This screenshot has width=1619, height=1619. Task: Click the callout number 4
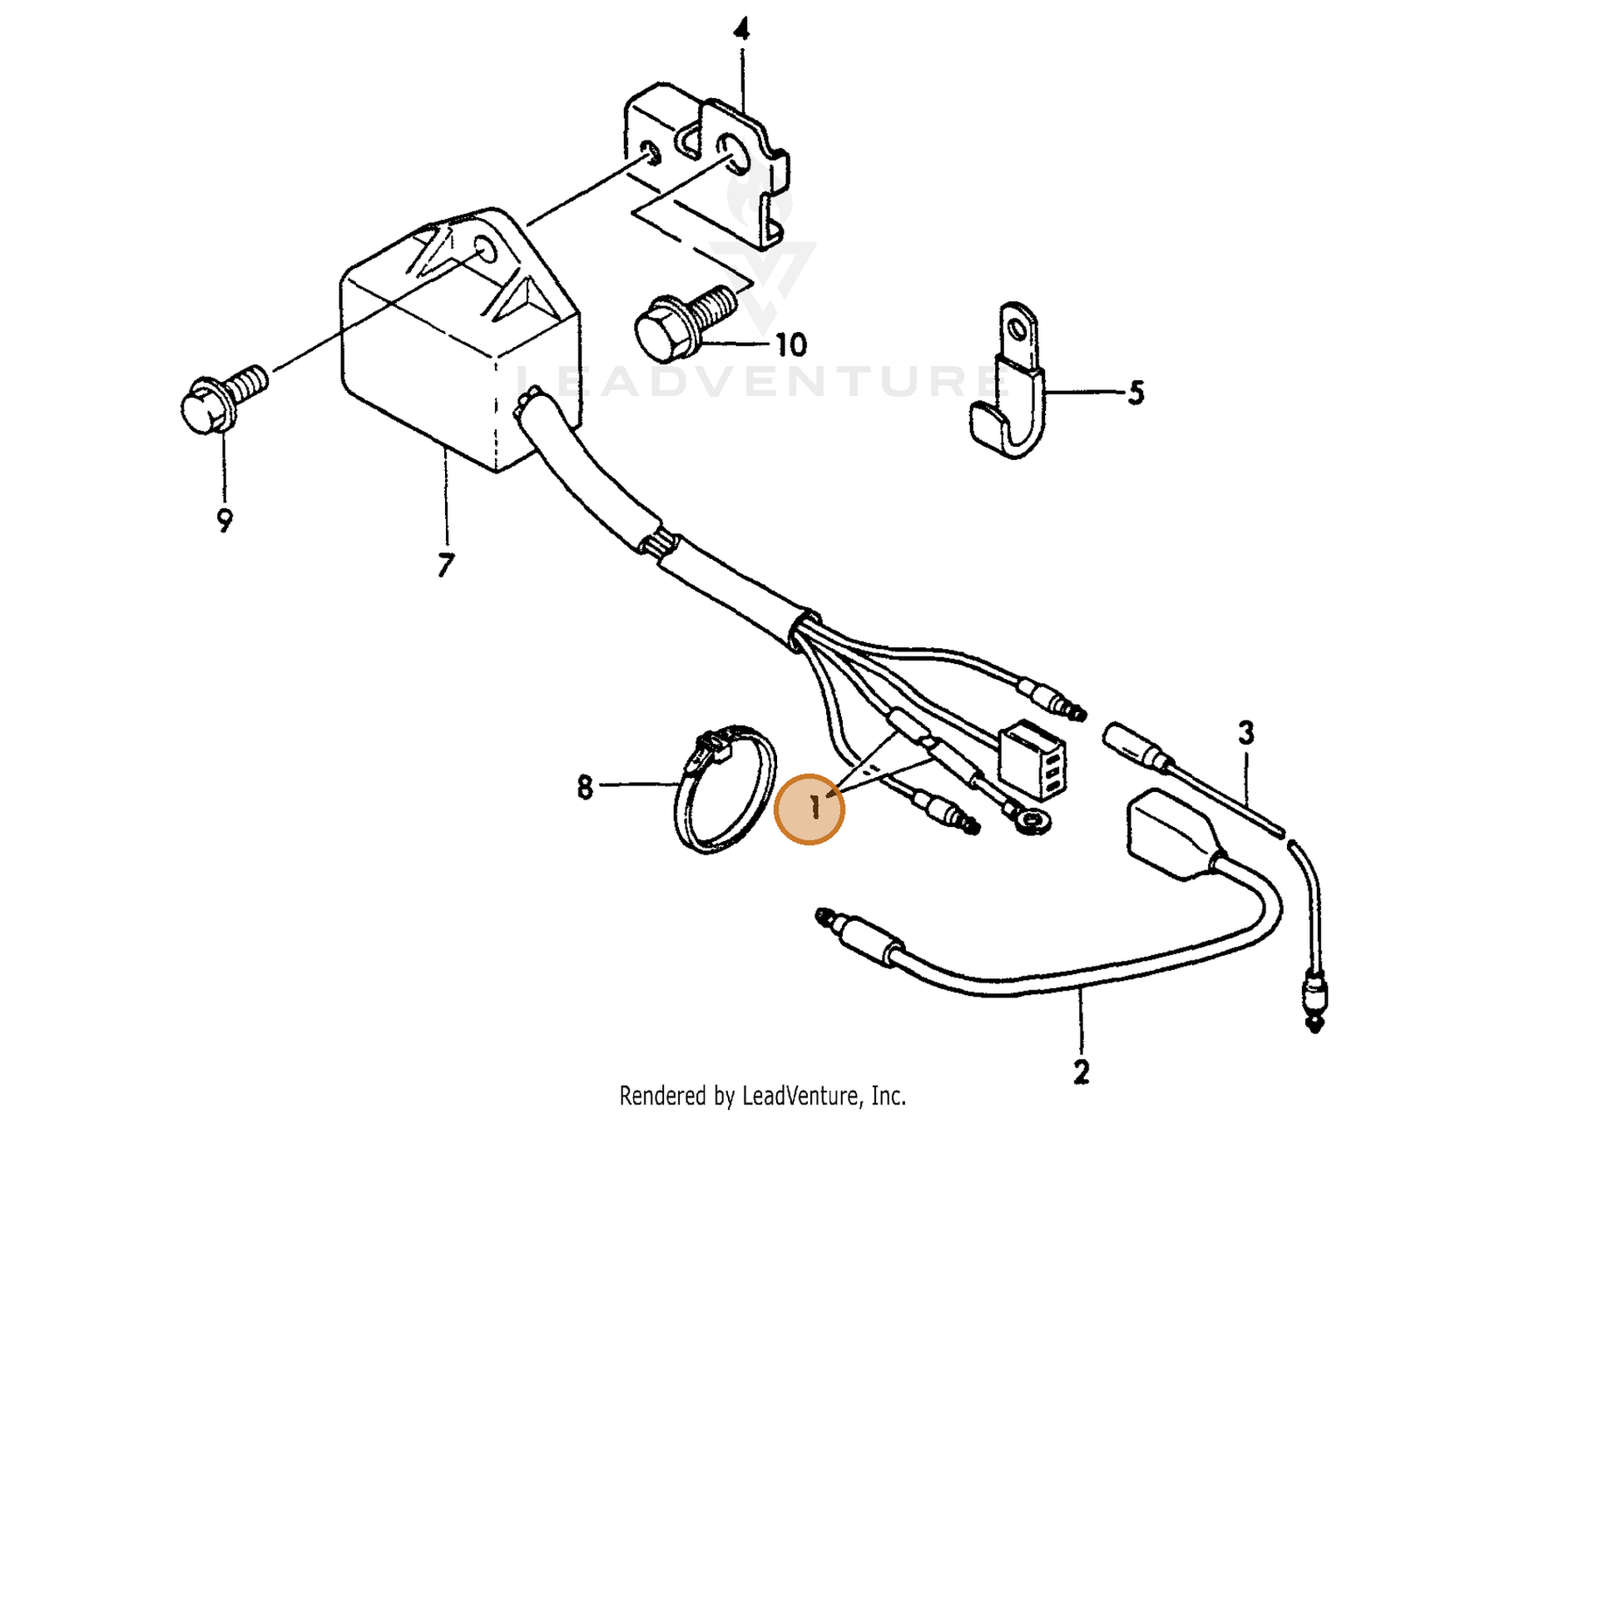click(740, 31)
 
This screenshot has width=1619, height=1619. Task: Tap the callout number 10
click(790, 344)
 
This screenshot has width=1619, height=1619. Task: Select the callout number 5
click(1136, 392)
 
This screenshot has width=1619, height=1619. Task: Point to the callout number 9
click(224, 521)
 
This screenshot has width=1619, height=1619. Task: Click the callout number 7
click(445, 565)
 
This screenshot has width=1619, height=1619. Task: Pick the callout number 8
click(585, 787)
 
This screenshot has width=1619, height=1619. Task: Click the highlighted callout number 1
click(809, 809)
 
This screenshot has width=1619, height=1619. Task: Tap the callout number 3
click(1246, 732)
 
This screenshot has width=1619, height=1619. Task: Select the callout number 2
click(1081, 1072)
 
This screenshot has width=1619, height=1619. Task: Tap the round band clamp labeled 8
click(724, 790)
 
